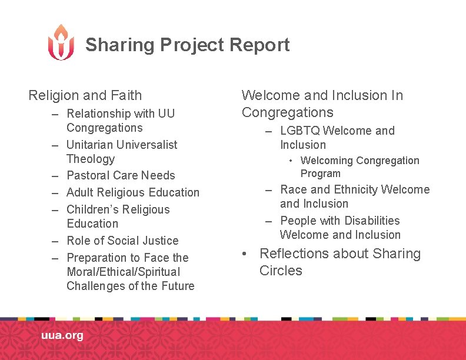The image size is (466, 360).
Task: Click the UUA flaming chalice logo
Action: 61,42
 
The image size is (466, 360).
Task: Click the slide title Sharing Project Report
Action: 187,45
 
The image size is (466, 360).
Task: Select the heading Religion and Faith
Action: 85,95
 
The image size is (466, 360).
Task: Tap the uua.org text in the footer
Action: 62,336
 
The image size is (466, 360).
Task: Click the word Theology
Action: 91,159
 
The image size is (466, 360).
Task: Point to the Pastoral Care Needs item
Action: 121,175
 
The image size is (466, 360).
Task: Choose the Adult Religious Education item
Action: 133,192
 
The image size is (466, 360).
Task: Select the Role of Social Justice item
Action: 122,241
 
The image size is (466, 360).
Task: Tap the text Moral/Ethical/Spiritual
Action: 124,272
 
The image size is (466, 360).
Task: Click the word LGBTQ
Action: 300,131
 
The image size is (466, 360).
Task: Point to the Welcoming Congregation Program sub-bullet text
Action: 360,166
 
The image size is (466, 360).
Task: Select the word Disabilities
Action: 371,221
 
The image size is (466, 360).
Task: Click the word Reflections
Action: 292,254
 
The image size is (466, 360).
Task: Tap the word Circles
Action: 281,271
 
